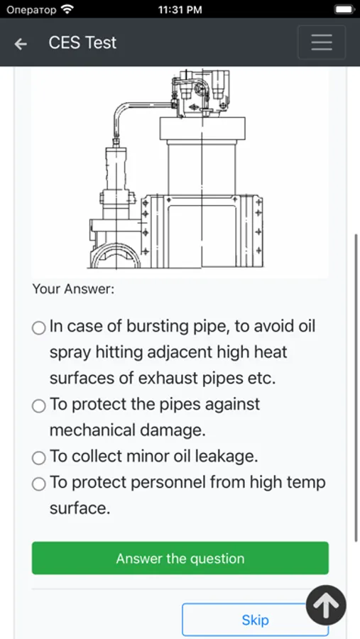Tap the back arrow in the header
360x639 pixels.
21,43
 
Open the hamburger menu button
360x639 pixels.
322,43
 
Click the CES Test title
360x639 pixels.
82,43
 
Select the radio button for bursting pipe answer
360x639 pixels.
39,327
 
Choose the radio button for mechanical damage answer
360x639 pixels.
39,405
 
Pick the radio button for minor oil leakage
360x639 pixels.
39,458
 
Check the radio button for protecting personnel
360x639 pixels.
39,484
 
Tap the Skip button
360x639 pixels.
255,620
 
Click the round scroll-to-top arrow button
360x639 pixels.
326,606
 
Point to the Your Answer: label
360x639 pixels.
73,290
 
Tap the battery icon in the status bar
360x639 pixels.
344,9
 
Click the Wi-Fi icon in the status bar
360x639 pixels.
67,9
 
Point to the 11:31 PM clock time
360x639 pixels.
180,10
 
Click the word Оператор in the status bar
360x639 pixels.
31,10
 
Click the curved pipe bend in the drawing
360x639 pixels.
120,110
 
